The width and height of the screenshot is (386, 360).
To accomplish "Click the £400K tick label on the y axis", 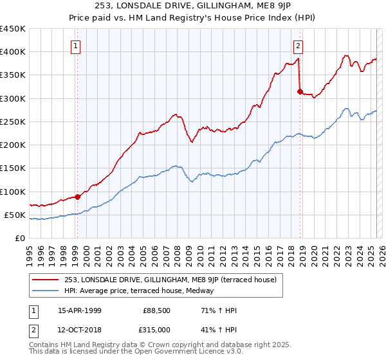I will (12, 52).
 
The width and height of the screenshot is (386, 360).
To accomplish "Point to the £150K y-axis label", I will (12, 168).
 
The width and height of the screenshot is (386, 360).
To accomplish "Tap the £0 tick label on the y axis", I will (19, 239).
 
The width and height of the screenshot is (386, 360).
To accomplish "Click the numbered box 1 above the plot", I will (76, 46).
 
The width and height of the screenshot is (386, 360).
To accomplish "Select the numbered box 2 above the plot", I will (299, 46).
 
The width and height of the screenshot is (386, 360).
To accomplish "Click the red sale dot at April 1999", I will (78, 197).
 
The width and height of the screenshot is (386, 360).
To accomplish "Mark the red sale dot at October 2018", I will (300, 91).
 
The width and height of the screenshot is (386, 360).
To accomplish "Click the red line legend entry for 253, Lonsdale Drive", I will (170, 280).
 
